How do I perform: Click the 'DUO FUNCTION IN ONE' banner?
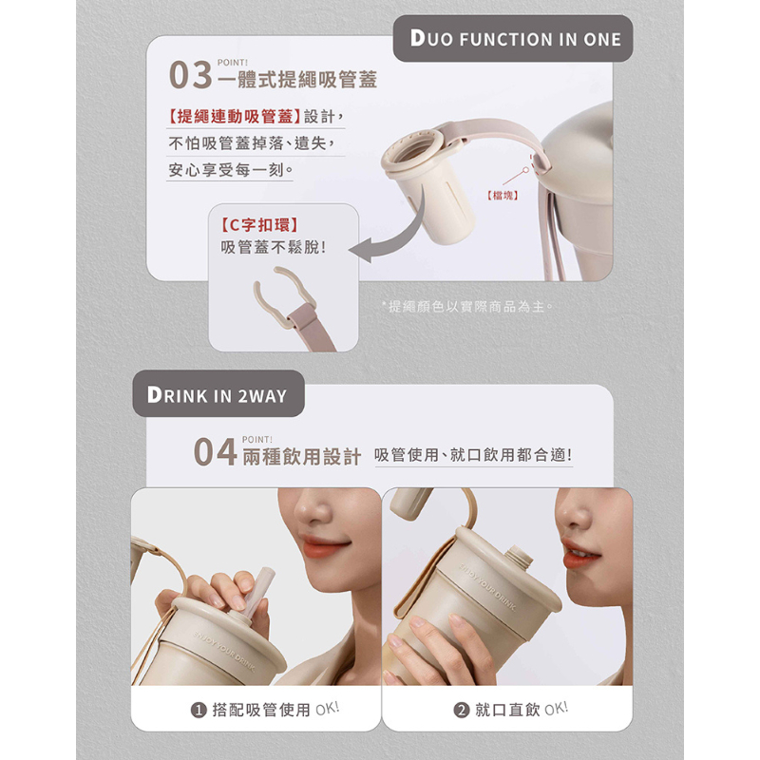[513, 38]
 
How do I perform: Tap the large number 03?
[191, 75]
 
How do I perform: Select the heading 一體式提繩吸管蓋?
[297, 80]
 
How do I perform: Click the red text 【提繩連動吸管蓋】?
[235, 116]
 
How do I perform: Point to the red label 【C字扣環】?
[258, 225]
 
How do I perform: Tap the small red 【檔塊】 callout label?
[503, 196]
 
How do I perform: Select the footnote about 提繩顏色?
[466, 306]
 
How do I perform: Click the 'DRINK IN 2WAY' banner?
[218, 394]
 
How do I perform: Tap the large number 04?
[215, 452]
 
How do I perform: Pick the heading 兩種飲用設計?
[302, 457]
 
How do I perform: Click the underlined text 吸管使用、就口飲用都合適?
[473, 455]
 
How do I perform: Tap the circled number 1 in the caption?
[199, 710]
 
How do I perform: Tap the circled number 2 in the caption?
[462, 710]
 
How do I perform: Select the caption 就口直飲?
[507, 710]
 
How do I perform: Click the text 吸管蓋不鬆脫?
[274, 248]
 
